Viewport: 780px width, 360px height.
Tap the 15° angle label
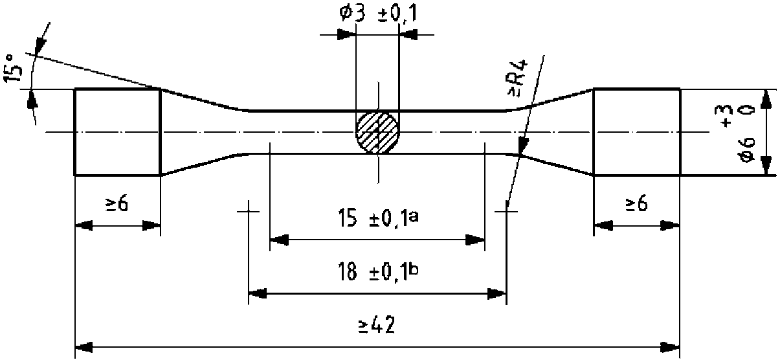[x=13, y=69]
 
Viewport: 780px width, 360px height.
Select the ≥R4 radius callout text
[x=518, y=78]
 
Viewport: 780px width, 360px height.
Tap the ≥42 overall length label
[x=377, y=326]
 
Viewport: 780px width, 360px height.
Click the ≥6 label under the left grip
[x=117, y=205]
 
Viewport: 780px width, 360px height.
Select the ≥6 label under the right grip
[x=636, y=204]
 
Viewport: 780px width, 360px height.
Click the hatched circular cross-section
[x=377, y=132]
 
